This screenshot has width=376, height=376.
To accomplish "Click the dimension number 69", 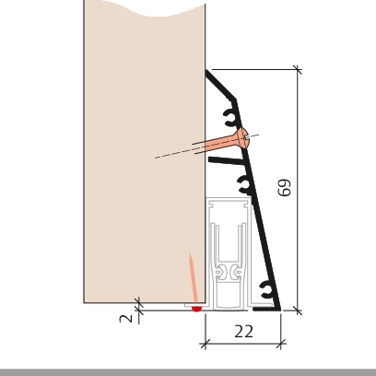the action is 284,188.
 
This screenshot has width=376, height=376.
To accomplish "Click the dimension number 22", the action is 244,332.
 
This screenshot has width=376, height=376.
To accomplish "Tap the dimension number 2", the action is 125,318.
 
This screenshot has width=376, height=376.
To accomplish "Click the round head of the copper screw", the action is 242,138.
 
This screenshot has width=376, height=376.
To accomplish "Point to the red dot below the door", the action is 196,309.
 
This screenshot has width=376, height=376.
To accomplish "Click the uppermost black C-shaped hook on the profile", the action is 230,117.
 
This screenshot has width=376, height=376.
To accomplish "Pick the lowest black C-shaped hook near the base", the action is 266,290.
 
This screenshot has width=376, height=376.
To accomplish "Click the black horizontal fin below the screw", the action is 227,159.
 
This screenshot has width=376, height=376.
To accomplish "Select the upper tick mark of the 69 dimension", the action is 298,70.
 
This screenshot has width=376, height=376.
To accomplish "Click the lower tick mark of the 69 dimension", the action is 298,311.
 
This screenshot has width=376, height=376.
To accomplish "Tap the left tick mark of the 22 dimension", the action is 205,344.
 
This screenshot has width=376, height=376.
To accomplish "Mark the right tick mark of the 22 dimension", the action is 281,344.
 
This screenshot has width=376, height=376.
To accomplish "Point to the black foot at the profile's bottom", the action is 266,309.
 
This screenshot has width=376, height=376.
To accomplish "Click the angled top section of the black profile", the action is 220,86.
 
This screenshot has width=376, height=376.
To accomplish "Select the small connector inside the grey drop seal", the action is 228,272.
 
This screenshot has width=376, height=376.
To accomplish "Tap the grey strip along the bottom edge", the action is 188,372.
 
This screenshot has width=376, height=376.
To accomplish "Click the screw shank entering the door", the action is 214,146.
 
